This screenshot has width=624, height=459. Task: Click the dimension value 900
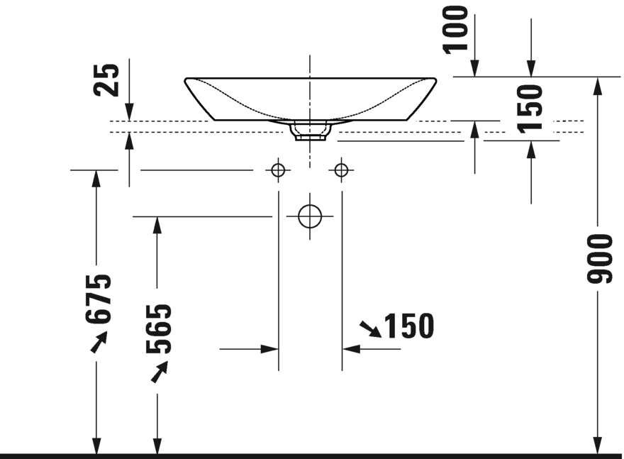tap(598, 259)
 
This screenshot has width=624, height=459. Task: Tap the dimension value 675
tap(97, 299)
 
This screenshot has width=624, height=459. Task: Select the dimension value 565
tap(158, 329)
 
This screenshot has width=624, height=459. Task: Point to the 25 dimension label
tap(106, 80)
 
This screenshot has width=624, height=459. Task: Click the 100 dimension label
tap(455, 29)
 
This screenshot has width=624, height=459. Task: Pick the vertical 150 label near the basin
tap(530, 109)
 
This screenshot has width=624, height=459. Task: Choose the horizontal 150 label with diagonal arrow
tap(409, 326)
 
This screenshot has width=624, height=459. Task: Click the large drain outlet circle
tap(310, 216)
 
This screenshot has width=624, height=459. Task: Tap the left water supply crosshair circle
tap(278, 170)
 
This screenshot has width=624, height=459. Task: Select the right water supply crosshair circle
tap(342, 170)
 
